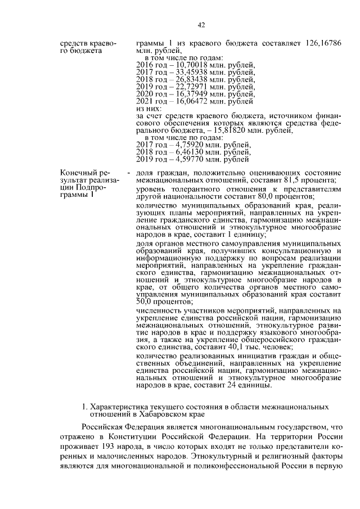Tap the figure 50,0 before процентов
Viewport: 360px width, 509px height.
pos(145,301)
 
